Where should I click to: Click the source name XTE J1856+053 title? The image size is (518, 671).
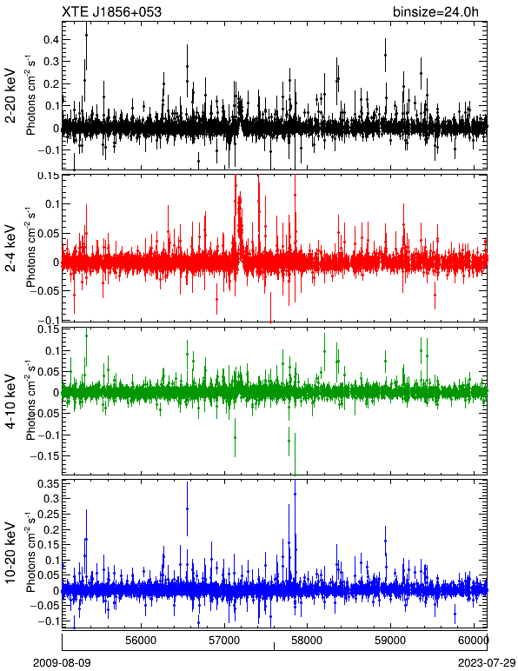click(111, 12)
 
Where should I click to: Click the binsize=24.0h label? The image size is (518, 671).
click(435, 12)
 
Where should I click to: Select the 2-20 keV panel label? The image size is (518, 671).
click(10, 96)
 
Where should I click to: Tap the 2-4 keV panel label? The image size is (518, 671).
click(10, 249)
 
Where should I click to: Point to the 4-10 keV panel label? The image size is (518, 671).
click(10, 402)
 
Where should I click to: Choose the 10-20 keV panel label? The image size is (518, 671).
click(10, 553)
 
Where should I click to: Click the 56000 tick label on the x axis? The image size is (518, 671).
click(142, 641)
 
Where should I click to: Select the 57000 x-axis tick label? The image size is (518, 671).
click(225, 641)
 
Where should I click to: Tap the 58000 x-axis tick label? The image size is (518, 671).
click(308, 641)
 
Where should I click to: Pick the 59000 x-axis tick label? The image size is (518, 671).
click(391, 641)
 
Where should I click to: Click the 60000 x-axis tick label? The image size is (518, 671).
click(475, 641)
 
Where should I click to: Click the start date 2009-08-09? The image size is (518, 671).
click(62, 663)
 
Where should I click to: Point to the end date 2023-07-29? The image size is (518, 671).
click(487, 663)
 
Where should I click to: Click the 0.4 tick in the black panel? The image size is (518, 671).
click(51, 40)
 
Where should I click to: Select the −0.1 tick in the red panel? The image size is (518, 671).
click(48, 321)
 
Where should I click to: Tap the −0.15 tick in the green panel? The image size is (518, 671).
click(44, 456)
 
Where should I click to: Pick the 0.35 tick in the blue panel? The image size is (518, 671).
click(48, 484)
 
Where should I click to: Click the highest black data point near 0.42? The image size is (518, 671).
click(86, 35)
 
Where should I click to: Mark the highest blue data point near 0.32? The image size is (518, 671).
click(296, 494)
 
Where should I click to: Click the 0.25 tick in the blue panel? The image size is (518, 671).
click(48, 515)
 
